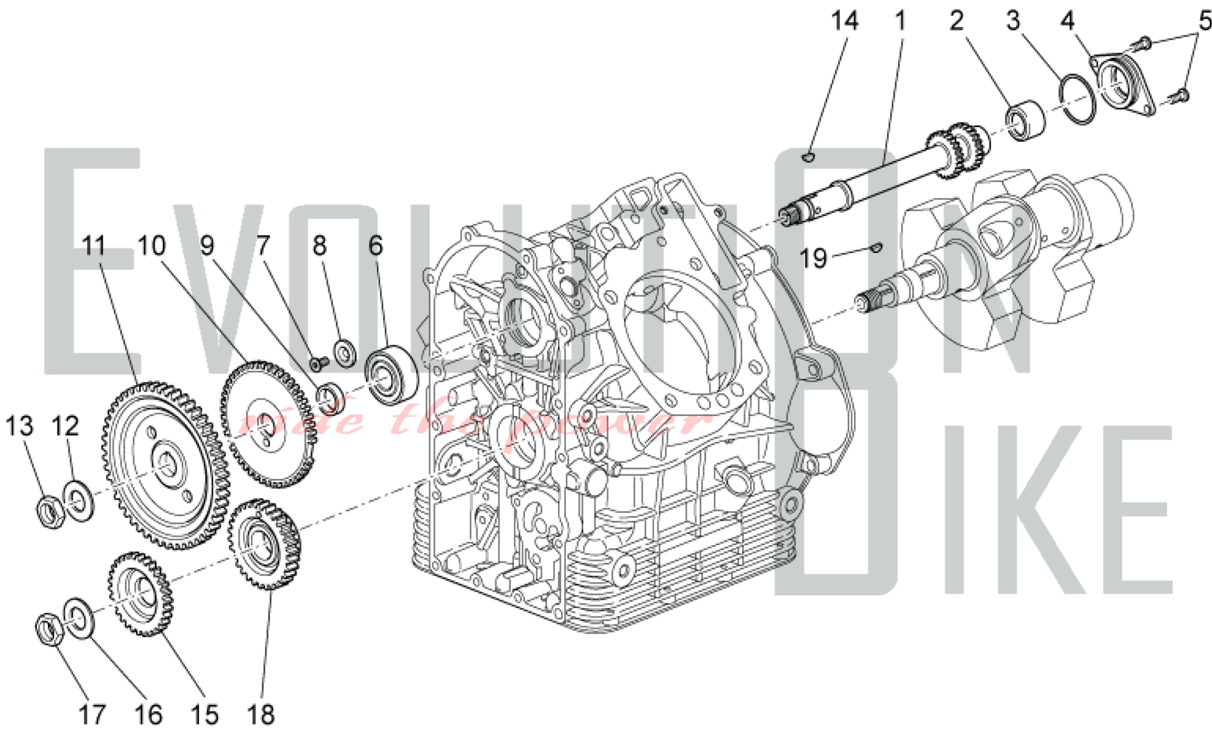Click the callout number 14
[x=844, y=21]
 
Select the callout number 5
[x=1204, y=21]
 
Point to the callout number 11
[x=94, y=247]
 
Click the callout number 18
[x=261, y=715]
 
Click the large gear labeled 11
[x=164, y=465]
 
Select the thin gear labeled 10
[x=268, y=424]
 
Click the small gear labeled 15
[x=141, y=594]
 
